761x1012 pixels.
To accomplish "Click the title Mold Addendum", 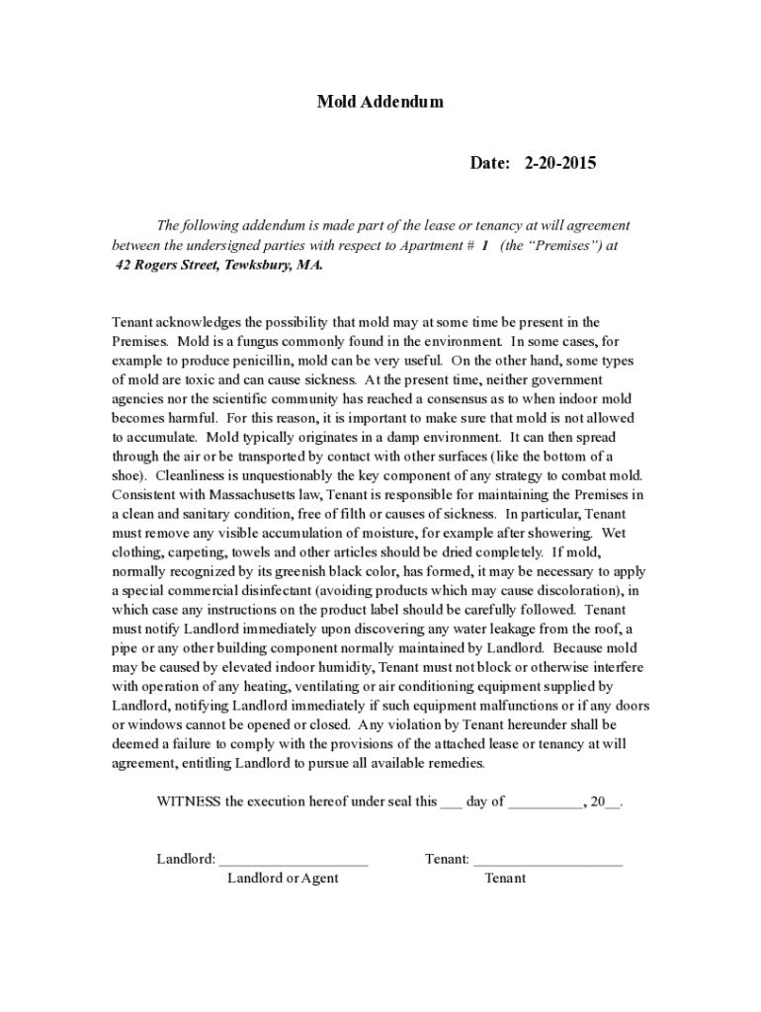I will tap(380, 102).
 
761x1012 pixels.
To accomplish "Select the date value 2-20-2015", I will tap(559, 163).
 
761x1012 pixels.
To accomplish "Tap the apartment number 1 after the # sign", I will tap(485, 246).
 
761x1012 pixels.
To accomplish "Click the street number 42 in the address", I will tap(124, 266).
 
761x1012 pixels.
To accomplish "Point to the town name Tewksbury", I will tap(257, 266).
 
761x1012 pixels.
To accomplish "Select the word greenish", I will tap(291, 571).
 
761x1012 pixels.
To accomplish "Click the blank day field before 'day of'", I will tap(451, 802).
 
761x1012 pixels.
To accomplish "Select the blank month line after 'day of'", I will tap(546, 802).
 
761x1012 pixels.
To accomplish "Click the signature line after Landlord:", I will tap(294, 860).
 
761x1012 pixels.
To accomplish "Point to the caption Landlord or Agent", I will tap(283, 879).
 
